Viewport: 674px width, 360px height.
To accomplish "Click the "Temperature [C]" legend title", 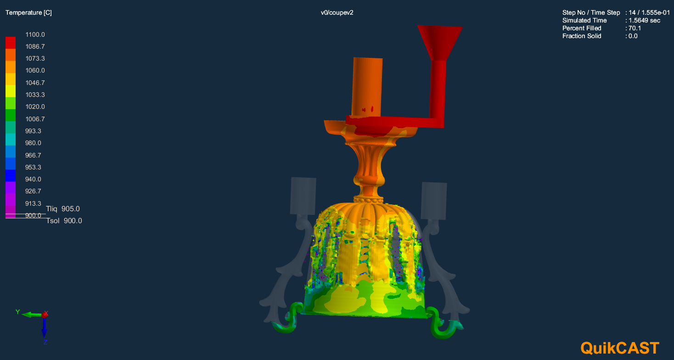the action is pyautogui.click(x=28, y=13).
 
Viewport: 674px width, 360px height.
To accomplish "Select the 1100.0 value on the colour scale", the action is pyautogui.click(x=35, y=34).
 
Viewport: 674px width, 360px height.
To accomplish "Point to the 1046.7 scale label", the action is pyautogui.click(x=35, y=83).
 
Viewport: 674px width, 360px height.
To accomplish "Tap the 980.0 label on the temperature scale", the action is pyautogui.click(x=33, y=143).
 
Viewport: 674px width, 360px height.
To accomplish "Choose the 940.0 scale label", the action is pyautogui.click(x=33, y=179).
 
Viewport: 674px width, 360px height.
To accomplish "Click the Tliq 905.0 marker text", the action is pyautogui.click(x=63, y=209).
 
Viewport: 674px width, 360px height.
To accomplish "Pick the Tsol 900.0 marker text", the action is pyautogui.click(x=64, y=220).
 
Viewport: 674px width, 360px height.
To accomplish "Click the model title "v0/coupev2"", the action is pyautogui.click(x=337, y=13).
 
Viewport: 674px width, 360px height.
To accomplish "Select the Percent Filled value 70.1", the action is pyautogui.click(x=635, y=28).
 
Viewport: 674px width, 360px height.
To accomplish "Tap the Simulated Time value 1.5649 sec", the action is pyautogui.click(x=644, y=21).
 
